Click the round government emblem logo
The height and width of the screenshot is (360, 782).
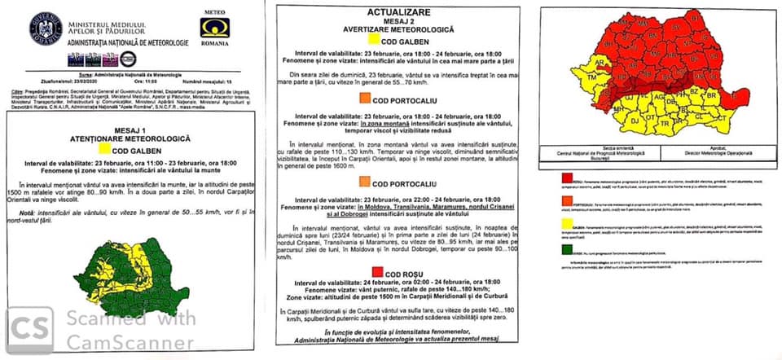(x=46, y=29)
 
